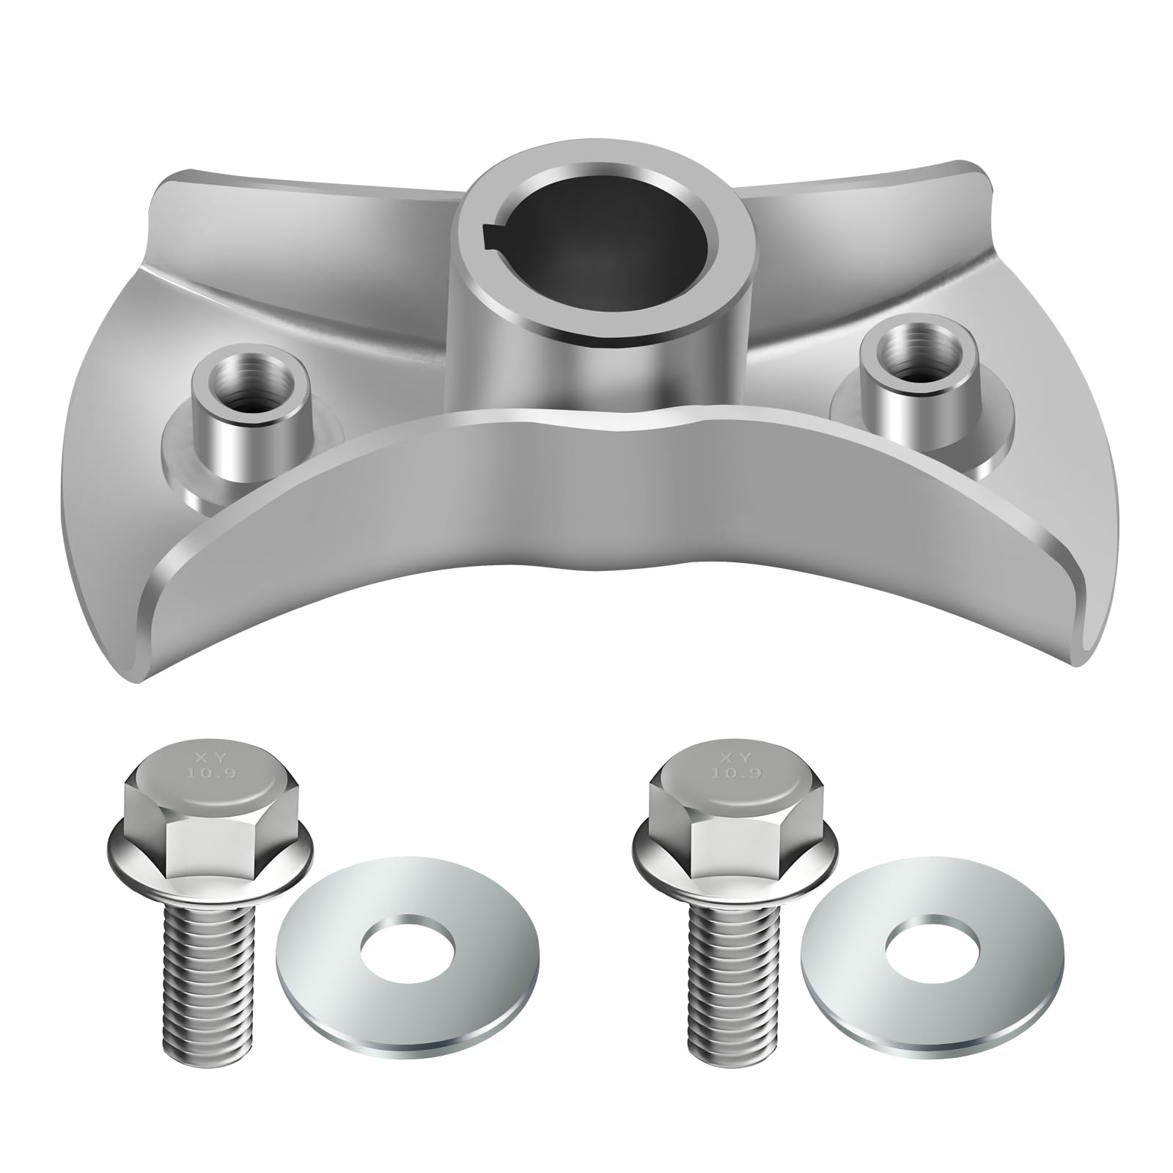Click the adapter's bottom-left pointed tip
(138, 678)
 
